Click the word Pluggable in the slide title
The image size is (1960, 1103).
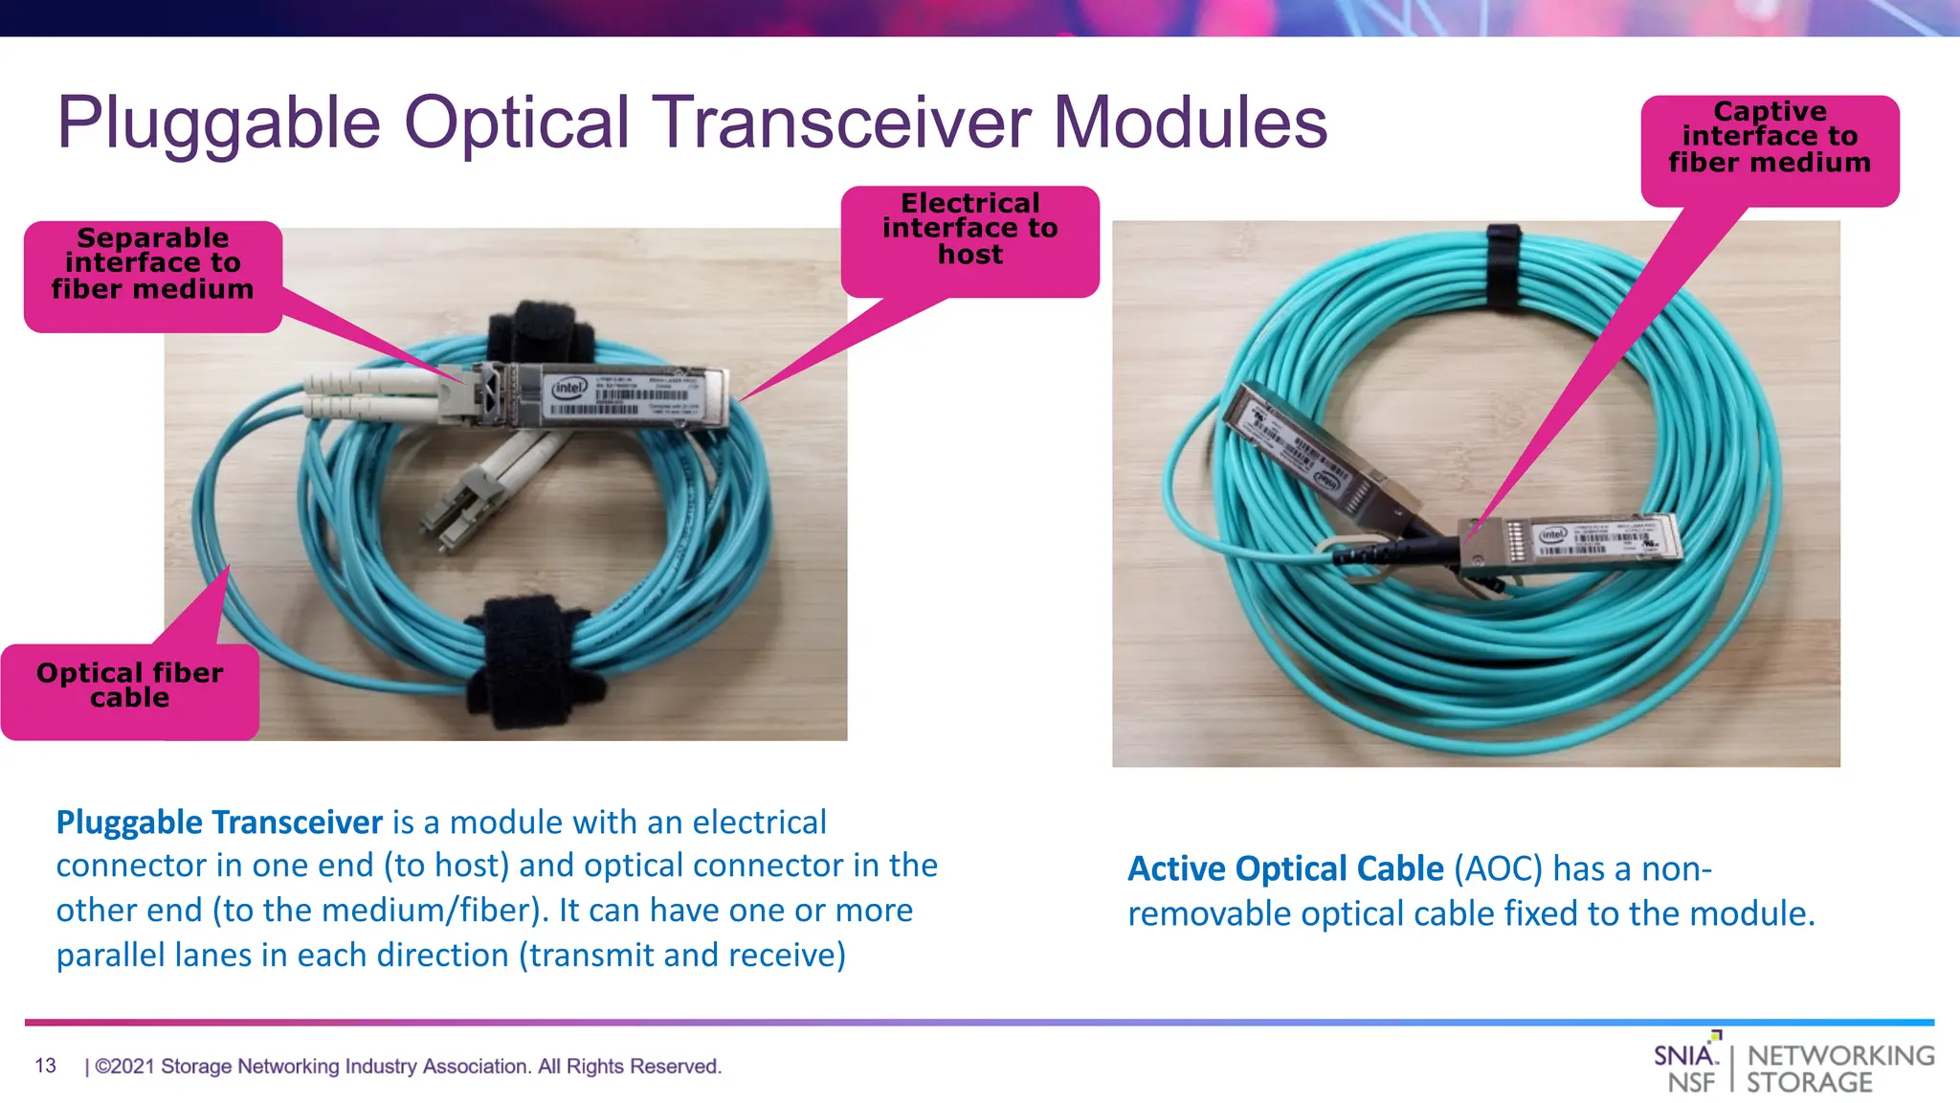click(x=218, y=124)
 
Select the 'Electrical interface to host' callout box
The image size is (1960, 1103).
click(x=969, y=231)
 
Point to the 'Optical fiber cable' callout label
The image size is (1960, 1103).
click(x=130, y=687)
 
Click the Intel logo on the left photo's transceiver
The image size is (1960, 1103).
click(x=568, y=388)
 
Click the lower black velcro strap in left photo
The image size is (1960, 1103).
click(x=529, y=661)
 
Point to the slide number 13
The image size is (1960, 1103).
click(x=45, y=1066)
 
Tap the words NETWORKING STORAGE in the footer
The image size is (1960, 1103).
click(x=1839, y=1069)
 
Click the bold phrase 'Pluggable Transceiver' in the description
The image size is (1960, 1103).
click(x=219, y=822)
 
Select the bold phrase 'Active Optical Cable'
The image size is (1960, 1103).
click(x=1285, y=868)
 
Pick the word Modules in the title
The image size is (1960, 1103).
click(x=1190, y=124)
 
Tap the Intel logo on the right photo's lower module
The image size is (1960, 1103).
click(x=1552, y=534)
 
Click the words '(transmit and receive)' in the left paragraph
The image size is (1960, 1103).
click(x=682, y=956)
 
